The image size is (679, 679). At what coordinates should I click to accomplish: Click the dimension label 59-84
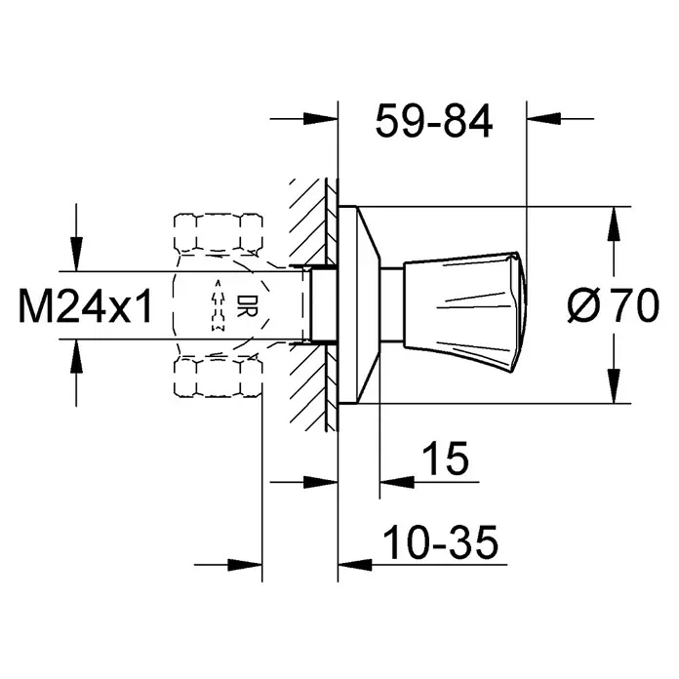(x=434, y=121)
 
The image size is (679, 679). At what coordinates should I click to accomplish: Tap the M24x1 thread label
(x=85, y=306)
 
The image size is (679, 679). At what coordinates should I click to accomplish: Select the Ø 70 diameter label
(x=614, y=305)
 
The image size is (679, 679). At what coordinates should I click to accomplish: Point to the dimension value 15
(x=446, y=459)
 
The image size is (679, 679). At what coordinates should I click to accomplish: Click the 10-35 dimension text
(x=441, y=542)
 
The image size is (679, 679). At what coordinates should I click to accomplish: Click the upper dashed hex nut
(x=218, y=232)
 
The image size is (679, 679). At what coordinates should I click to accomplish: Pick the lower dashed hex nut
(x=218, y=377)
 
